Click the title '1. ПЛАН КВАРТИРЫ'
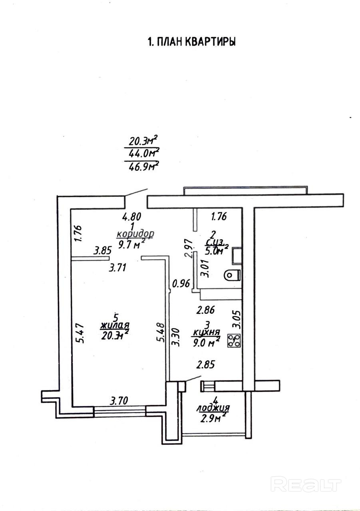[x=191, y=42]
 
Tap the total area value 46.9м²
[x=142, y=165]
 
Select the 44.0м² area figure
[x=142, y=153]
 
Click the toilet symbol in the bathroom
[x=232, y=275]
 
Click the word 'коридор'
[x=135, y=234]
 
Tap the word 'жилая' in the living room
[x=115, y=326]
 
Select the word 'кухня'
[x=207, y=332]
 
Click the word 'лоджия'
[x=213, y=408]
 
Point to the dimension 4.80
[x=132, y=217]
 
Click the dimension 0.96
[x=180, y=284]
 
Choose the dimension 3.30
[x=175, y=337]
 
